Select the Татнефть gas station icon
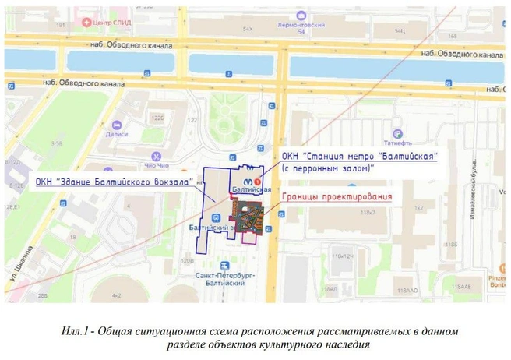(397, 133)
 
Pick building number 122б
(157, 117)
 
